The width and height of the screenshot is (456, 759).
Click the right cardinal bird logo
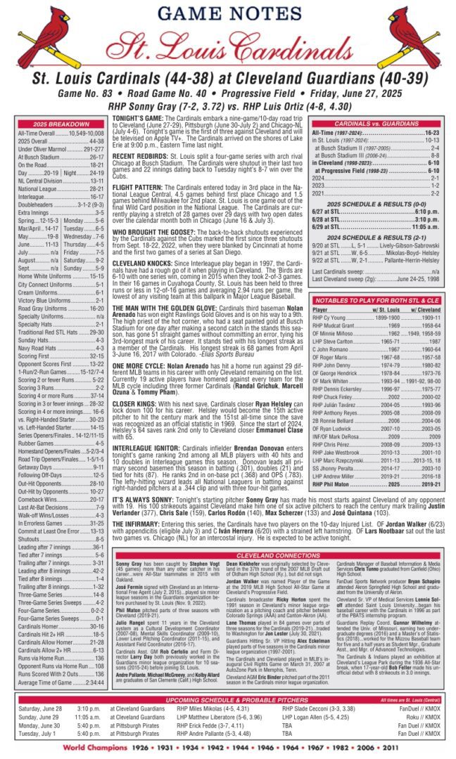pos(414,35)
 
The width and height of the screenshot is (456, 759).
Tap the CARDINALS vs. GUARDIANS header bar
pos(376,124)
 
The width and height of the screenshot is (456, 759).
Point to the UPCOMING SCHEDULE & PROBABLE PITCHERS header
pos(228,700)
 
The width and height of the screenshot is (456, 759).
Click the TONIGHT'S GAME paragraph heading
pos(137,119)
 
